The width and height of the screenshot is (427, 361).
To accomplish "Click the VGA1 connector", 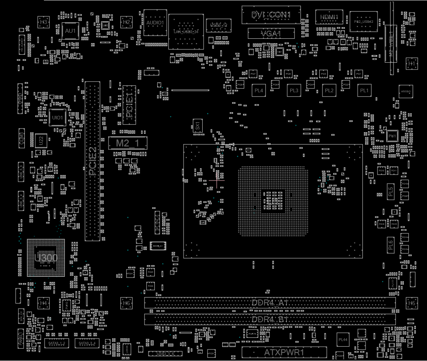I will click(271, 34).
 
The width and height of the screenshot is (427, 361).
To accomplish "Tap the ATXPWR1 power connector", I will click(284, 353).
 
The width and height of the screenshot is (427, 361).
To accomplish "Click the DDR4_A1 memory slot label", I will click(270, 303).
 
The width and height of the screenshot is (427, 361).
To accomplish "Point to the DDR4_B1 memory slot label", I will click(270, 319).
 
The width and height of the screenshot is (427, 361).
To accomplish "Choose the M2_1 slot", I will click(127, 143).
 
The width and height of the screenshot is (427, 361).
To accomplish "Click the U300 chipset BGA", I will click(45, 258).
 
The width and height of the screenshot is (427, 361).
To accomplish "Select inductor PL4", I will click(259, 91).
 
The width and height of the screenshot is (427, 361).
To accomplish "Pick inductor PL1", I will click(364, 91).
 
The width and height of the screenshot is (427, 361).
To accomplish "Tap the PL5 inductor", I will click(391, 192).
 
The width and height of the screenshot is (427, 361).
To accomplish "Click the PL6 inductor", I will click(391, 244).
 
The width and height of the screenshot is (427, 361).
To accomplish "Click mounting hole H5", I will click(412, 303).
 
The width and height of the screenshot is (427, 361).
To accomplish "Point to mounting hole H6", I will click(127, 303).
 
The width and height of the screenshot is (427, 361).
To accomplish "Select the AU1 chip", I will click(71, 30).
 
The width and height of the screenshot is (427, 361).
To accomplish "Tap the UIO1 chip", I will click(57, 117).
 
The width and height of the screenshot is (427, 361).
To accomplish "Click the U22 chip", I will click(40, 141).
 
